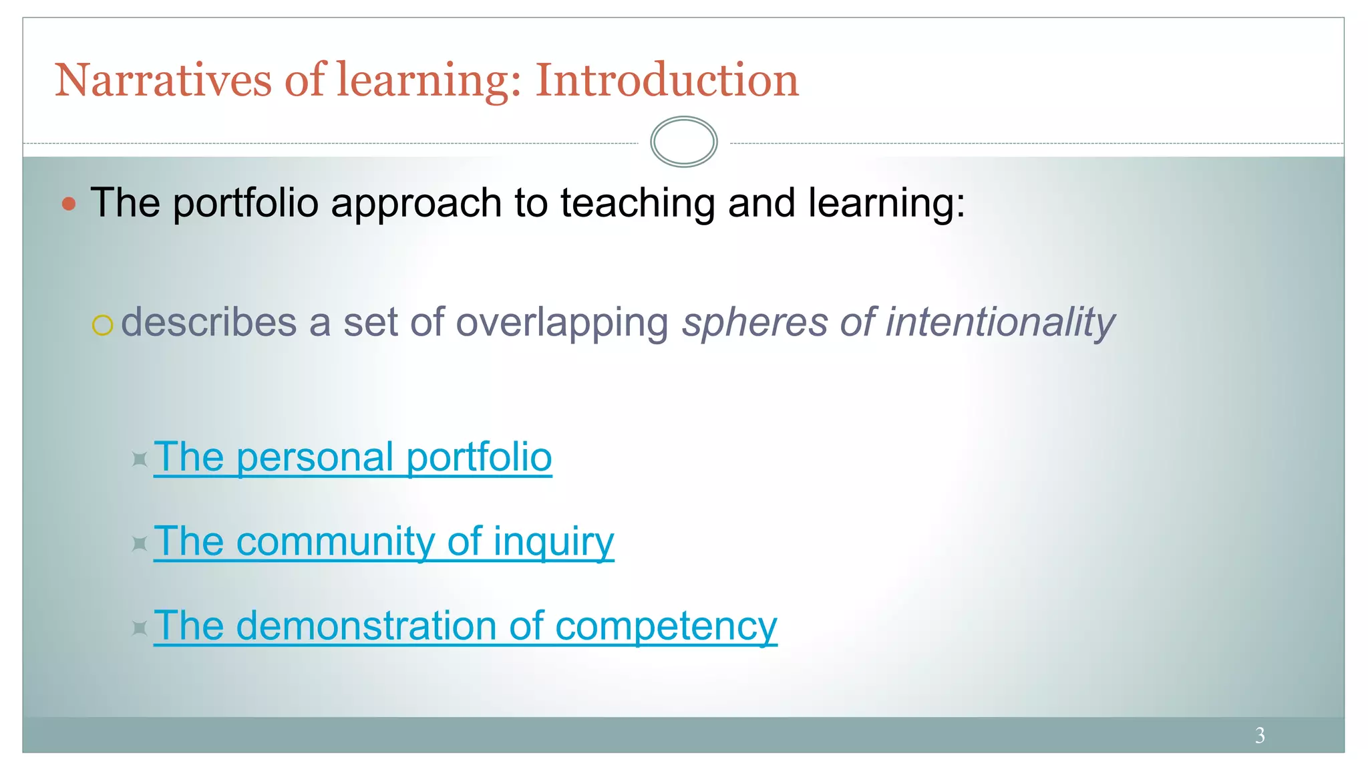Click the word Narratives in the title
coord(163,80)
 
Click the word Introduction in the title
coord(667,80)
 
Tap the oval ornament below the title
coord(683,142)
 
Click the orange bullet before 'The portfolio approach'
coord(69,204)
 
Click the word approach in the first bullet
coord(416,205)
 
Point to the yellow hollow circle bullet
coord(102,325)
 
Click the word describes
coord(208,322)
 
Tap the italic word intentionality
coord(1000,322)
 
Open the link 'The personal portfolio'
coord(353,458)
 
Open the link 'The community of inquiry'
coord(383,541)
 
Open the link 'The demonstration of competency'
coord(465,626)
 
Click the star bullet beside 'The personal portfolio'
coord(139,459)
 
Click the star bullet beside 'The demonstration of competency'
coord(139,628)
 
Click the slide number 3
coord(1259,735)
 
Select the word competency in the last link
coord(666,628)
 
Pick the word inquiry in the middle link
coord(553,543)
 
